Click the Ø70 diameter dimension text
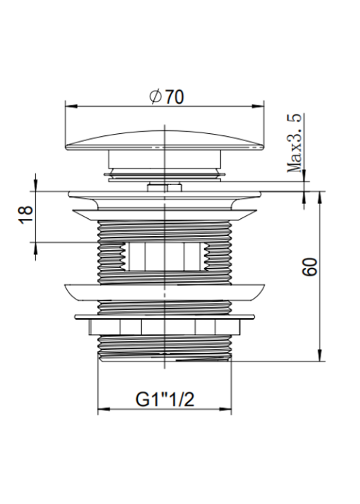click(x=166, y=96)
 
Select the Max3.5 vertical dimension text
click(x=295, y=143)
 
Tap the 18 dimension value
click(x=26, y=215)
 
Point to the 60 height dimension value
click(x=310, y=266)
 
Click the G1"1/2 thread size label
click(x=165, y=400)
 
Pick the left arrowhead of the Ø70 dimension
click(x=71, y=107)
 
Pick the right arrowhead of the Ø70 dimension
click(x=258, y=107)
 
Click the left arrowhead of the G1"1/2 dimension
click(x=104, y=410)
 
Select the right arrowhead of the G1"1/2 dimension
click(x=225, y=410)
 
